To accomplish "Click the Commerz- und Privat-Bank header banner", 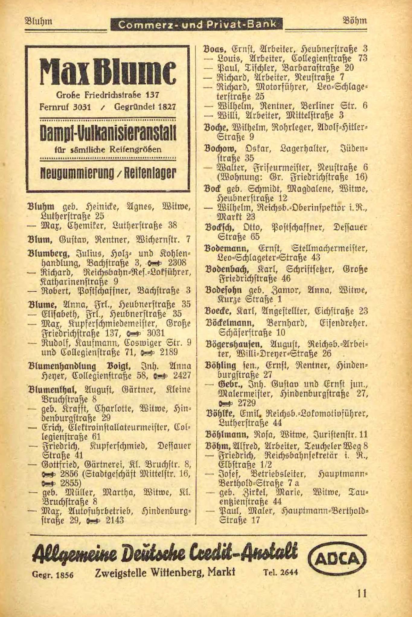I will (196, 24).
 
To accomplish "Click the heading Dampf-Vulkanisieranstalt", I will (108, 133).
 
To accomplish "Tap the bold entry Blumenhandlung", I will (62, 366).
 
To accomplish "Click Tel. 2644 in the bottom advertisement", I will (280, 572).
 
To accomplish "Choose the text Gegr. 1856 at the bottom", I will (53, 575).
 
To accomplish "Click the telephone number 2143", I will (115, 520).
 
